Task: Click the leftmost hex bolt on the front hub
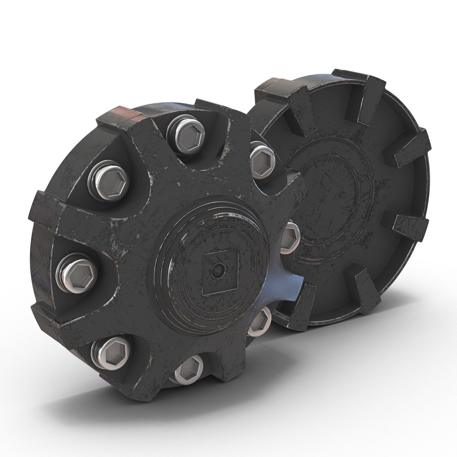77,272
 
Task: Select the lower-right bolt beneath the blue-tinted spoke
259,322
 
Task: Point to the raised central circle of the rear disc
334,199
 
